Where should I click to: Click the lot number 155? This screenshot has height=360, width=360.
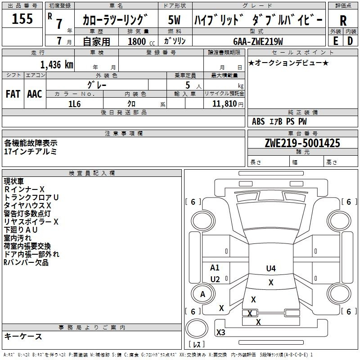click(22, 18)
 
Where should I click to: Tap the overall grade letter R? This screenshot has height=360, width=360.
click(343, 21)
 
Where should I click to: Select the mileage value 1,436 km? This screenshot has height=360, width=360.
click(57, 65)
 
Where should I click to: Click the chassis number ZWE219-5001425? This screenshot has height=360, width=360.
click(302, 143)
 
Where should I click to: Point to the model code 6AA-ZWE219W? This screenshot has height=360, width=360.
click(258, 41)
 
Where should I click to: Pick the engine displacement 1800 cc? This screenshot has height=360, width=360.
click(141, 41)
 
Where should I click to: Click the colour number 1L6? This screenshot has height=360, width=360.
click(74, 104)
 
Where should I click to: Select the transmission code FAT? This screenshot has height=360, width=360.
click(13, 94)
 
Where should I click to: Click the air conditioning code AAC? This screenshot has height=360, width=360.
click(35, 94)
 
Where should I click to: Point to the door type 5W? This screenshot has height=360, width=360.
click(174, 20)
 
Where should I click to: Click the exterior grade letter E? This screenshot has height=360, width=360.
click(335, 41)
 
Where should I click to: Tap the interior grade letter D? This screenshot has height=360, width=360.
click(350, 41)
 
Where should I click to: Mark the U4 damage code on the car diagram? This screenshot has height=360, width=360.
click(271, 268)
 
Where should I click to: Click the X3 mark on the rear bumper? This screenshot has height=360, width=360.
click(221, 332)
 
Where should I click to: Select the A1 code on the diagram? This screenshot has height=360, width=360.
click(215, 267)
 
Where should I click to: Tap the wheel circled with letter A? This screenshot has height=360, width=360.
click(203, 294)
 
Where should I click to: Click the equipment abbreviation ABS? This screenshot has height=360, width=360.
click(258, 121)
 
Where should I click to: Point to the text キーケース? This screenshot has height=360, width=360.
click(23, 336)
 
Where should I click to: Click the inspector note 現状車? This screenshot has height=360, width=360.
click(14, 181)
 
